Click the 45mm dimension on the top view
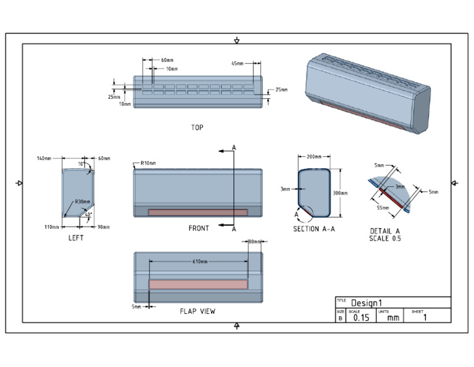pos(238,64)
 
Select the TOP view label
pos(197,128)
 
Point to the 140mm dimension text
pos(43,159)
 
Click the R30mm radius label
pos(82,201)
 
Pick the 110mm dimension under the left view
pos(52,227)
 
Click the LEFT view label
pos(75,238)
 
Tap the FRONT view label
pos(199,229)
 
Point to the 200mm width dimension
pos(315,157)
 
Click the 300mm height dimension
pos(340,193)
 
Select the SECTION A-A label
pos(314,229)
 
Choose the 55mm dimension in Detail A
pos(383,208)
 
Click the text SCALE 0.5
pos(385,238)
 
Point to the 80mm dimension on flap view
pos(254,242)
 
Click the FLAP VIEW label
pos(197,311)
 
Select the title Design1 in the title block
pos(367,303)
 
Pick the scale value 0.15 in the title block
pos(361,318)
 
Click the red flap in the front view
pos(197,212)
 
